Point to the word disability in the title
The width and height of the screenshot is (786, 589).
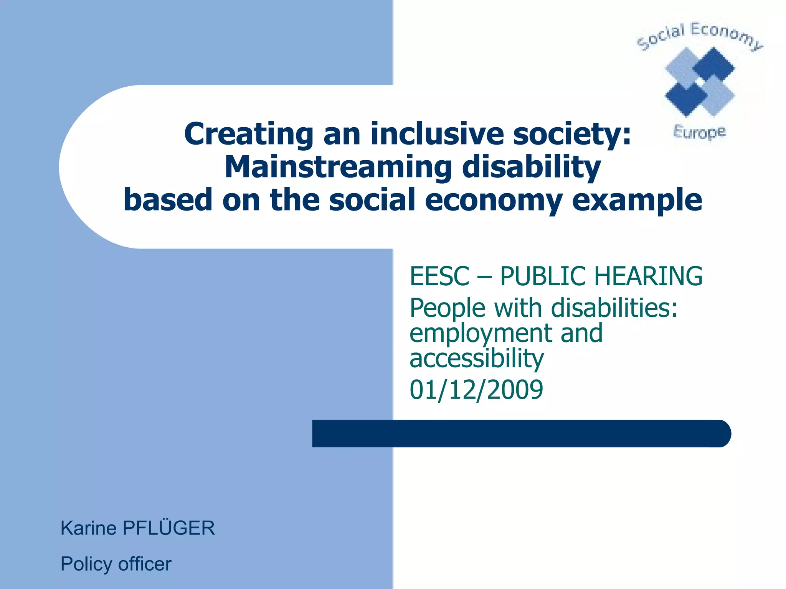point(532,168)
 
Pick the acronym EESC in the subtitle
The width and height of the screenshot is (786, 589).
point(439,276)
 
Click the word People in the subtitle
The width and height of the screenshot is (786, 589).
point(447,308)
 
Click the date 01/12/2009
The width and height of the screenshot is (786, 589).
point(476,390)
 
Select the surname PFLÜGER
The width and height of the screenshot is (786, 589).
point(168,528)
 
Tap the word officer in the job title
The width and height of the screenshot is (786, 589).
point(145,564)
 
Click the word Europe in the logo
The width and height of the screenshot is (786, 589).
point(699,132)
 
